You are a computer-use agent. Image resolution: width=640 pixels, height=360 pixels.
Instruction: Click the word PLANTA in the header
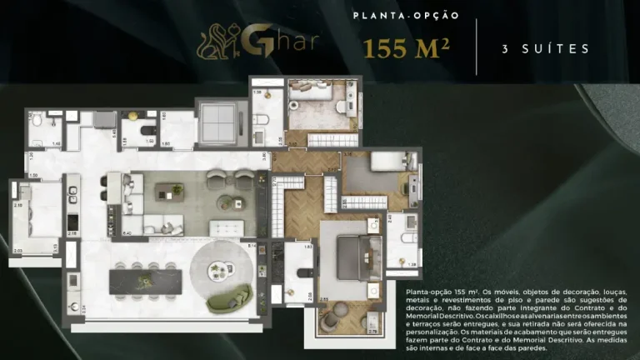click(375, 16)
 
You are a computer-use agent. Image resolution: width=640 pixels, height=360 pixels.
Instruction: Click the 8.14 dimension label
click(251, 247)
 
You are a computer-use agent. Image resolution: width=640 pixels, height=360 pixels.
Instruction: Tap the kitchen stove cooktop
click(72, 222)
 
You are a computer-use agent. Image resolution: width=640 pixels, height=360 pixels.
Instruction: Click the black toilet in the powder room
click(145, 130)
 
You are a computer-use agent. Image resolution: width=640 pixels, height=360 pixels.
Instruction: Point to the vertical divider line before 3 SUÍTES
click(477, 47)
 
